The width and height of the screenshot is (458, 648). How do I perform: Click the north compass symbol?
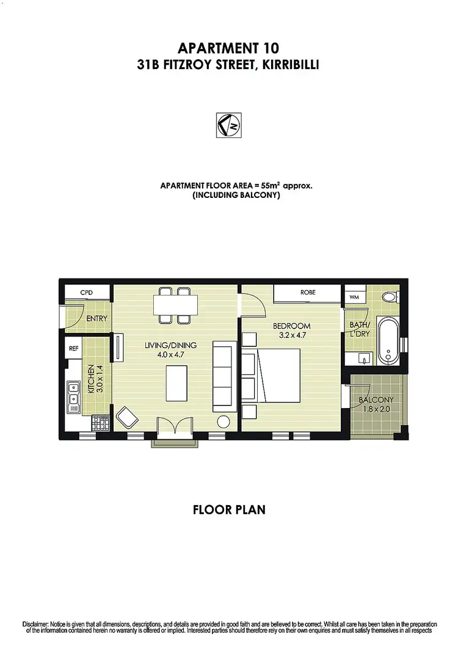tap(229, 125)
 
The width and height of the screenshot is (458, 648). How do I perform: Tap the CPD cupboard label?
tap(86, 293)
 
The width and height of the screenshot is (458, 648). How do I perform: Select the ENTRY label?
tap(96, 318)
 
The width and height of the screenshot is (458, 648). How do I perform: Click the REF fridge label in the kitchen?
tap(73, 349)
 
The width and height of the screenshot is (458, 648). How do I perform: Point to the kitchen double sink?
tap(73, 394)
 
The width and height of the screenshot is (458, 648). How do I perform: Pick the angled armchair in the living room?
tap(127, 418)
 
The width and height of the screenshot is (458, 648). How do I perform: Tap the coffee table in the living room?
tap(176, 383)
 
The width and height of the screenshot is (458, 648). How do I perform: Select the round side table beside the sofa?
tap(224, 421)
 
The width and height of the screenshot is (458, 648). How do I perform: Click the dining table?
tap(175, 304)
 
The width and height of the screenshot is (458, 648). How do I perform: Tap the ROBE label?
tap(308, 293)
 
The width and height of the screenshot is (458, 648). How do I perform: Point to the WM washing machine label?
tap(354, 297)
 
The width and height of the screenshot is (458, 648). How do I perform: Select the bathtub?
tap(388, 340)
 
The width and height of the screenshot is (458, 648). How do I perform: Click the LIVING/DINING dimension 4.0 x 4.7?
tap(169, 354)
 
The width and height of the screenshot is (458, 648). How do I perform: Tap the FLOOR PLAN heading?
tap(229, 509)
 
